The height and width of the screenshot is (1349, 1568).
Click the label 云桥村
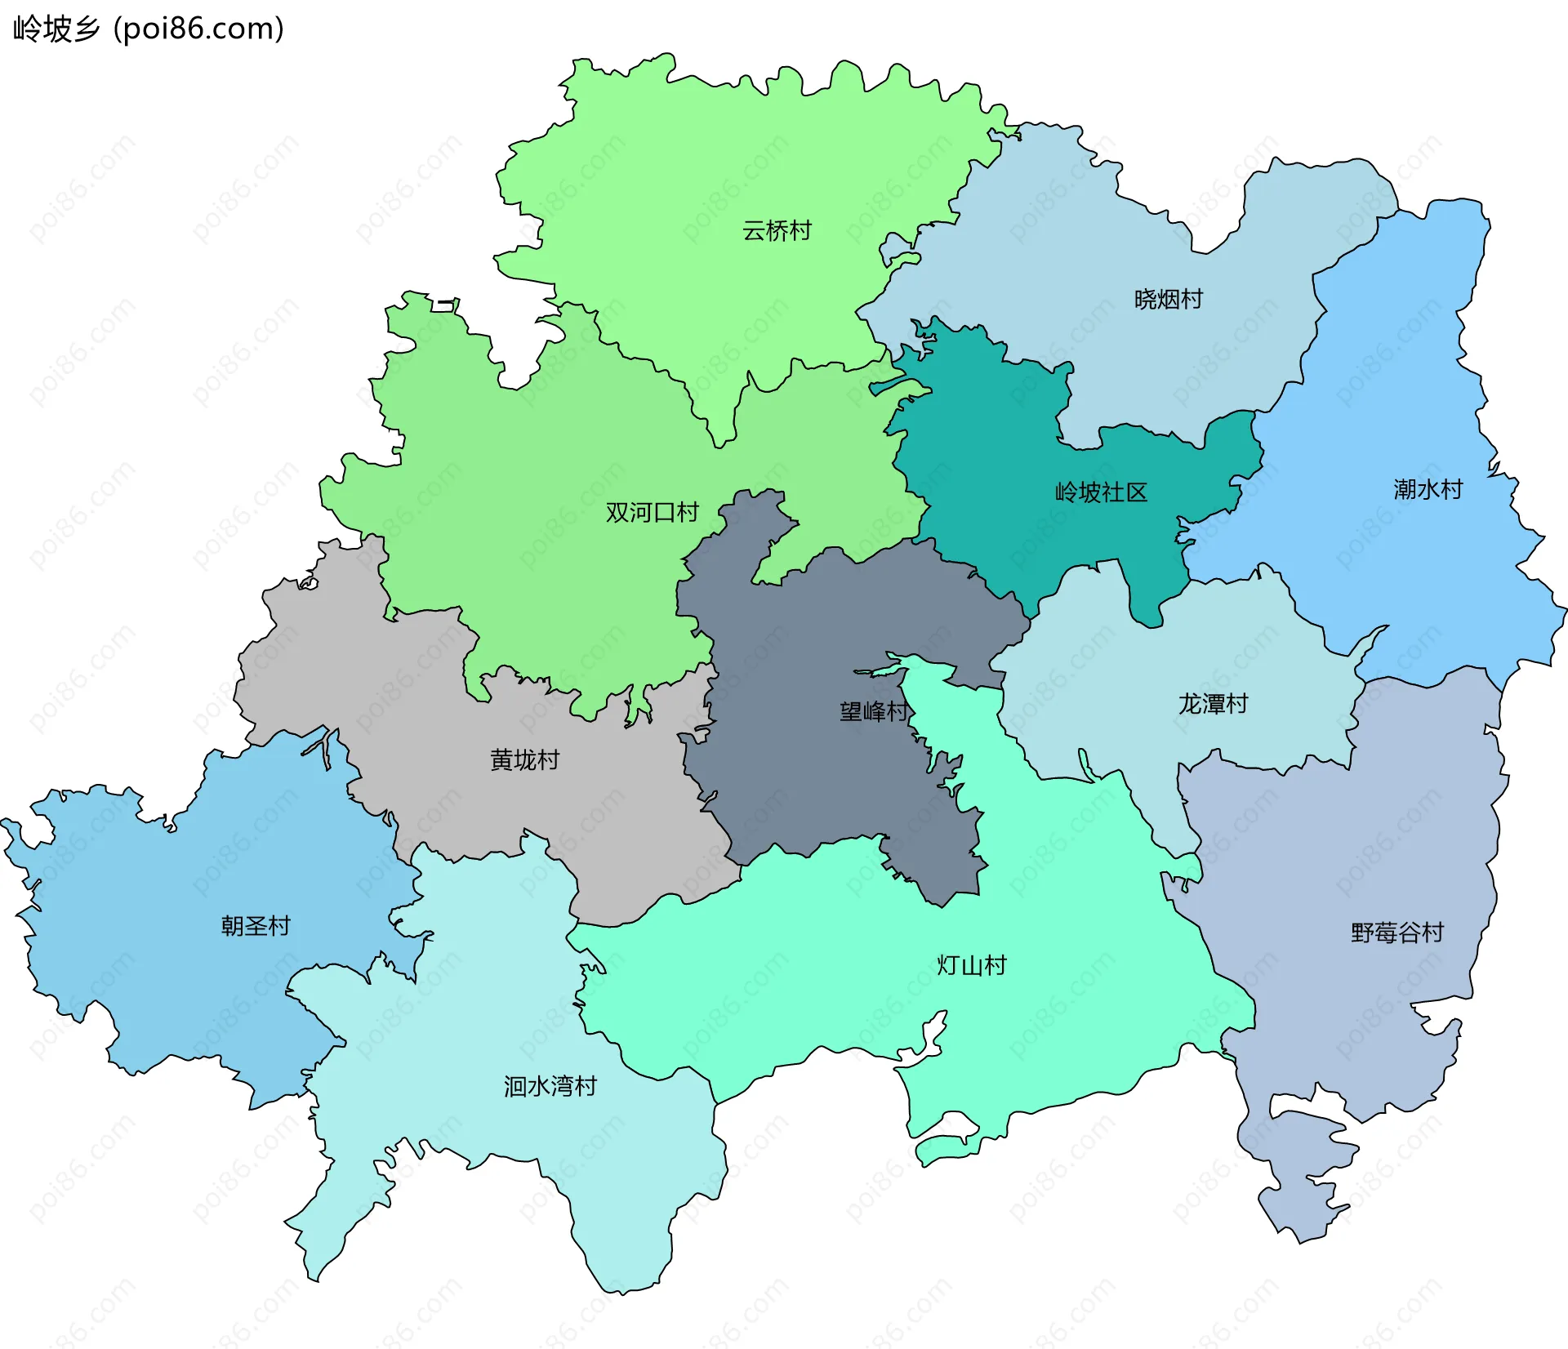tap(777, 231)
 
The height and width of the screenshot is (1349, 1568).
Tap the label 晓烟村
tap(1168, 300)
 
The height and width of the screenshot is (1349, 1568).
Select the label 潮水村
tap(1428, 490)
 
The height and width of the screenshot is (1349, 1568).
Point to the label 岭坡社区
tap(1101, 492)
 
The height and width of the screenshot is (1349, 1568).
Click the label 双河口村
tap(652, 513)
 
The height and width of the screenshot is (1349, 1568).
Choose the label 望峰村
tap(874, 711)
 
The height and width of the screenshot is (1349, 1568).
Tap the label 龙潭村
tap(1213, 704)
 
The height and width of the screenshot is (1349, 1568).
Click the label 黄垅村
tap(524, 760)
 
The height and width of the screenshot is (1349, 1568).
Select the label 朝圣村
tap(256, 926)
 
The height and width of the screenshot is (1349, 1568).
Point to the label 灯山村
tap(971, 965)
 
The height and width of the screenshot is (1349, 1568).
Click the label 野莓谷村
tap(1397, 933)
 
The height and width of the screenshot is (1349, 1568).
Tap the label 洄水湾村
tap(550, 1086)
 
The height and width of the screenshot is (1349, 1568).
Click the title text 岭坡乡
tap(56, 29)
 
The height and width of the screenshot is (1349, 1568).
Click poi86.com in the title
tap(198, 29)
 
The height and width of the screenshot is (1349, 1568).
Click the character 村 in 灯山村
tap(995, 965)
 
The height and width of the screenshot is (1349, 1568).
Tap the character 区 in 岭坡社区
tap(1137, 492)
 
